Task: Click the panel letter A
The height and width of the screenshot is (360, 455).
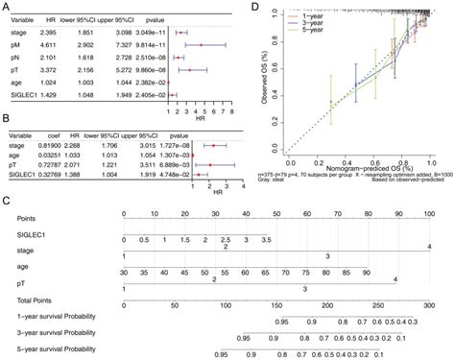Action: (7, 8)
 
